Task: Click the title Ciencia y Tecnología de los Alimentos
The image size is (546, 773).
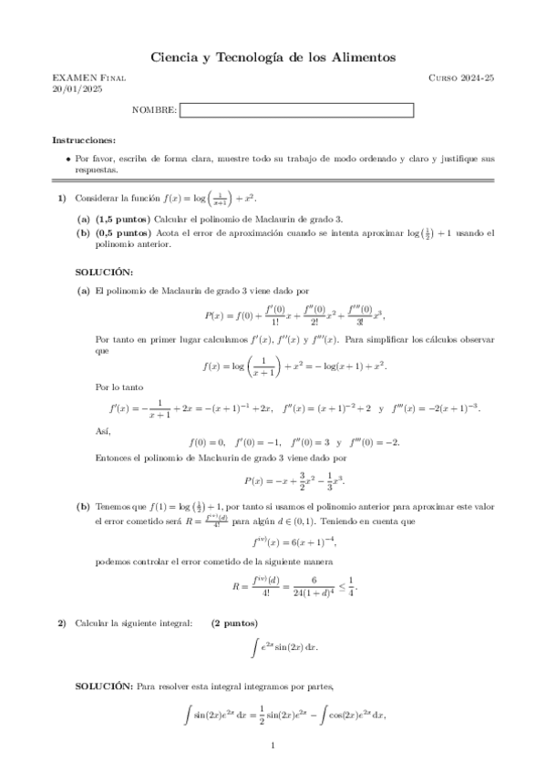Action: click(273, 57)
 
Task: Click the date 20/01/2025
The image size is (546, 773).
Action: click(72, 89)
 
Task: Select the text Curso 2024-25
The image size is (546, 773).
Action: click(461, 79)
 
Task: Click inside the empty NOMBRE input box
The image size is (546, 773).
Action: click(297, 110)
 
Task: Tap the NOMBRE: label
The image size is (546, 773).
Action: click(154, 110)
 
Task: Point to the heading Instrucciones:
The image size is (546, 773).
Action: click(84, 139)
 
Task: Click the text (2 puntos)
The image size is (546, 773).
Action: click(234, 623)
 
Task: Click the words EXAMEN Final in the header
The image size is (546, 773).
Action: click(88, 79)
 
